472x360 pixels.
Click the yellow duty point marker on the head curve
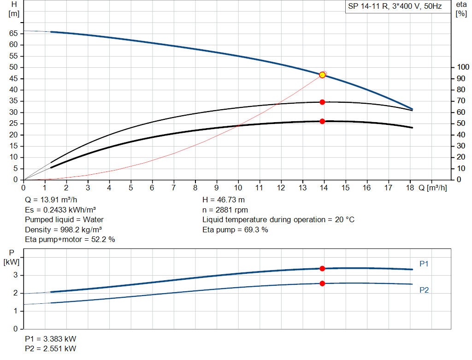(322, 75)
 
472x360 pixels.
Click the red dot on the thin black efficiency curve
(322, 102)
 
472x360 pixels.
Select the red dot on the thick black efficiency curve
(322, 121)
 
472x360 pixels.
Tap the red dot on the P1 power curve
(322, 268)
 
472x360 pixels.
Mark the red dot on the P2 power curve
(322, 283)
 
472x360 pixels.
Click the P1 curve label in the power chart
(424, 264)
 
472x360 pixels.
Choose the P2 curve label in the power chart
(424, 290)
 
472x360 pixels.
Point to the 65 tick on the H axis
(13, 34)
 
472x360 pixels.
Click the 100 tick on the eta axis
(462, 67)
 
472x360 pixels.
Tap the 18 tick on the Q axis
(410, 188)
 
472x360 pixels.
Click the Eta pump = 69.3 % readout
(235, 230)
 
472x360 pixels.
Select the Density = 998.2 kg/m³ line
(64, 230)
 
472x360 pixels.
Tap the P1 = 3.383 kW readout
(51, 339)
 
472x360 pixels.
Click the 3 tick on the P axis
(15, 275)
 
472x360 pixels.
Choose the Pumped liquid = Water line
(65, 219)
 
